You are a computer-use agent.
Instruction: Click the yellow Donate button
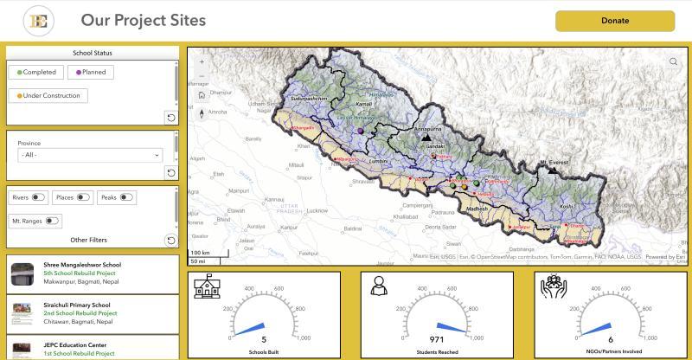point(614,21)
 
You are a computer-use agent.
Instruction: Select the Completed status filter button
point(36,73)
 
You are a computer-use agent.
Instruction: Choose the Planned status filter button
point(90,73)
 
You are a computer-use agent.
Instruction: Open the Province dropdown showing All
point(90,155)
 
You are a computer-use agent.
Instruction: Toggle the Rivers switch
point(38,197)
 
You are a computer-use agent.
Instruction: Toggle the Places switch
point(83,197)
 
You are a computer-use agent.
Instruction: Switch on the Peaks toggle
point(127,197)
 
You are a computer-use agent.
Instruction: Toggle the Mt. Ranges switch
point(53,222)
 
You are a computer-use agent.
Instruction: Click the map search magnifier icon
point(674,61)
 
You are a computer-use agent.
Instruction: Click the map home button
point(202,95)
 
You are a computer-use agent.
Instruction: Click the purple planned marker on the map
point(360,130)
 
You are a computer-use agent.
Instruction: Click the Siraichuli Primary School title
point(77,305)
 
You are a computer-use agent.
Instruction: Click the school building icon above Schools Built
point(206,286)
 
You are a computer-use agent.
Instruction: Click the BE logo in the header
point(38,21)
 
